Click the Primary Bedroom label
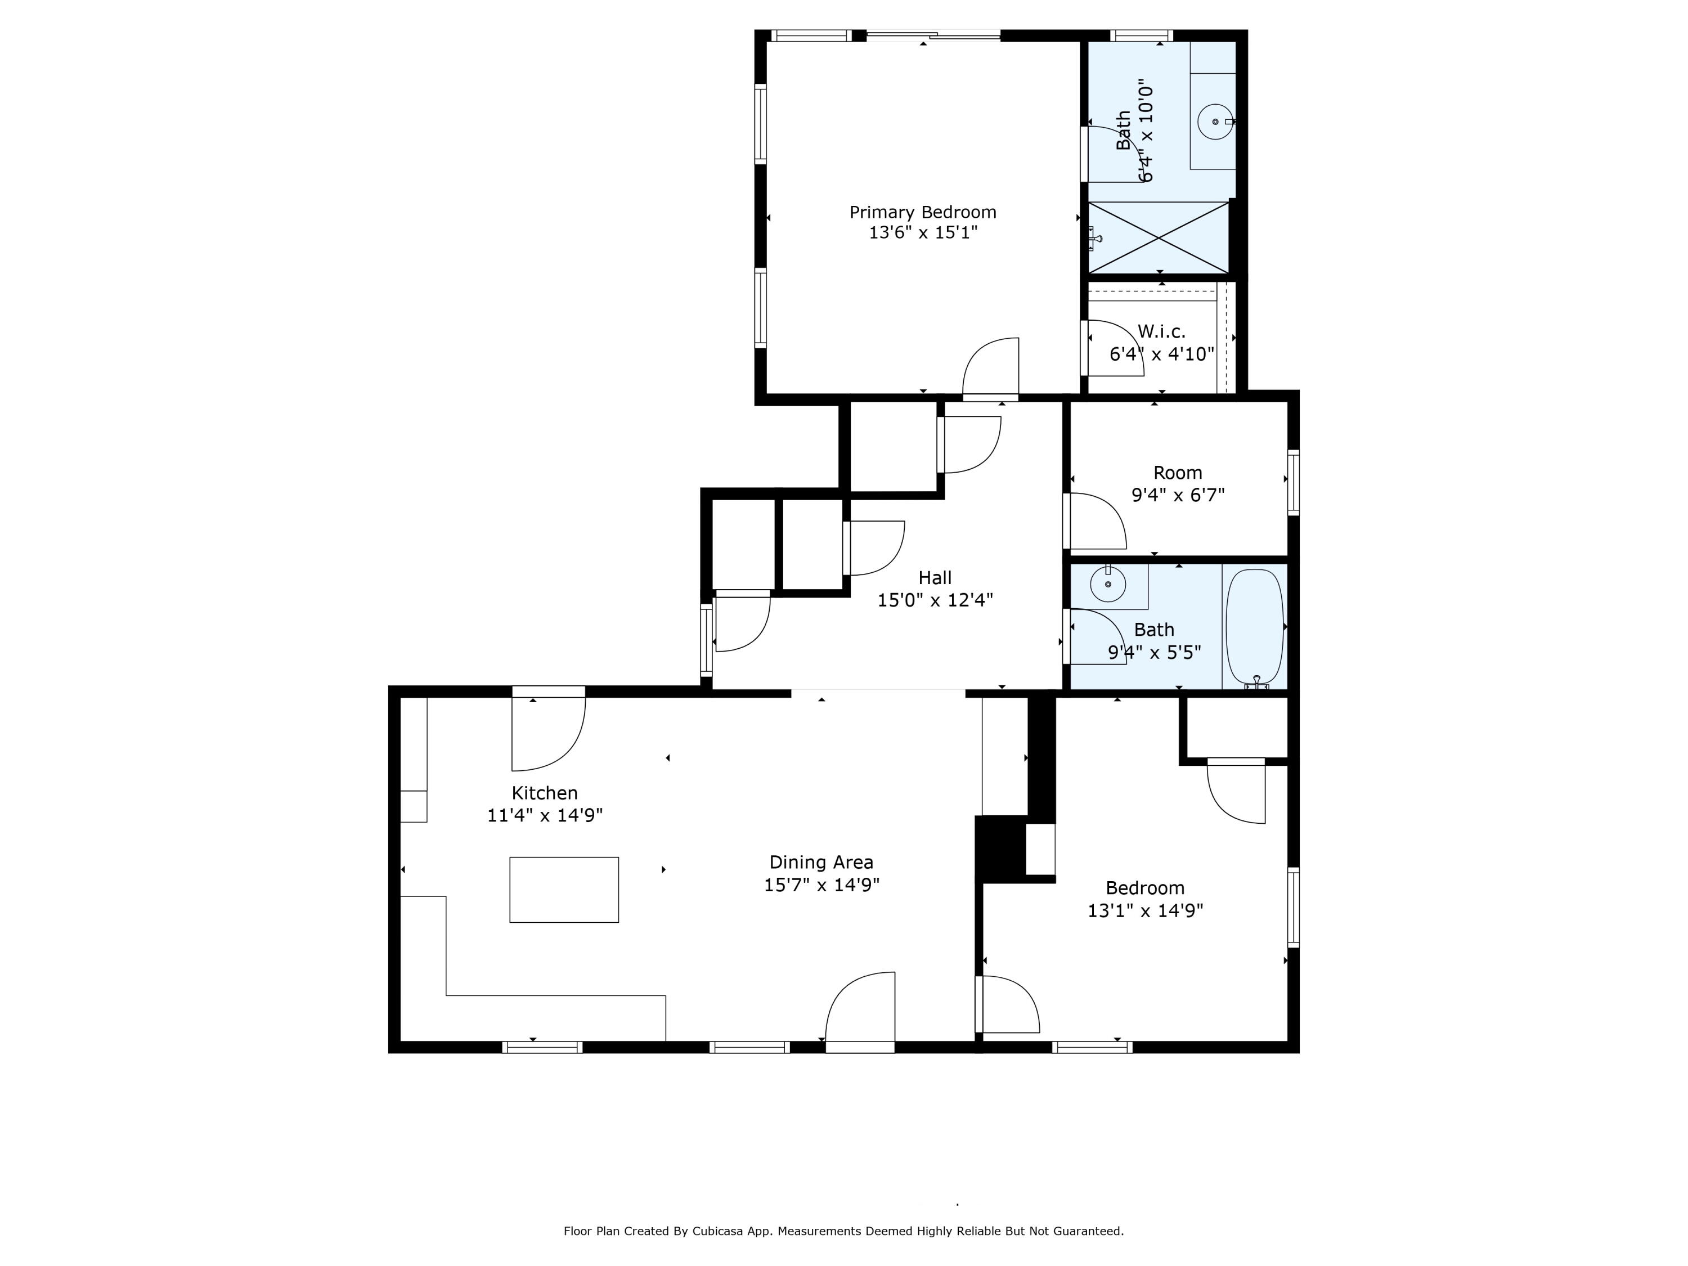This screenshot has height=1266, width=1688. click(923, 212)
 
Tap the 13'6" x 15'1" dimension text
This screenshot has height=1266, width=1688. click(923, 233)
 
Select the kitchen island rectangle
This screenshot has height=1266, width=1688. click(564, 890)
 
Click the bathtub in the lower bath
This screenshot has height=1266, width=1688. click(1255, 626)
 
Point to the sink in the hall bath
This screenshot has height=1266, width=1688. click(1108, 585)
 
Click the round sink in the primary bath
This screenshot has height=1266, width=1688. click(1215, 122)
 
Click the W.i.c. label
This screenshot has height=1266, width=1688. click(1161, 332)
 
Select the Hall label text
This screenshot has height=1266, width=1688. click(935, 578)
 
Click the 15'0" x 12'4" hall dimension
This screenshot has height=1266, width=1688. click(935, 600)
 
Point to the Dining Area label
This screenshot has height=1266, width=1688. click(821, 863)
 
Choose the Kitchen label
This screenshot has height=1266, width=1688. click(544, 793)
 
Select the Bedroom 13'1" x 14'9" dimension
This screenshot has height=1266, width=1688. click(1144, 910)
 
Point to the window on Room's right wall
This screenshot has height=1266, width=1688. click(1294, 482)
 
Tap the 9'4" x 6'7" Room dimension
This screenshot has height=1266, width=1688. click(1178, 495)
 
